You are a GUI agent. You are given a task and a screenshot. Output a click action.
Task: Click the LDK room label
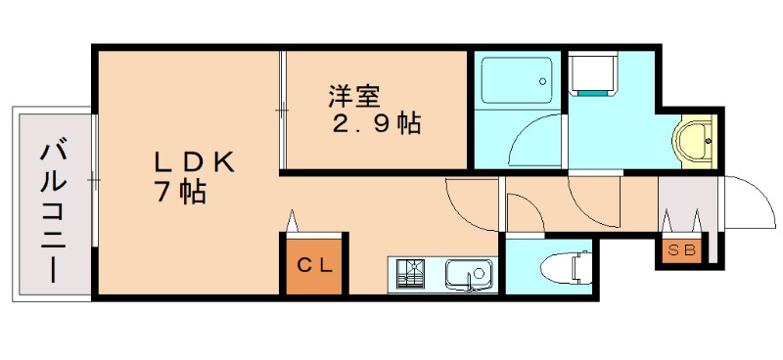(x=194, y=162)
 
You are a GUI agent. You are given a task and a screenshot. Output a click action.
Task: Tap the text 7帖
(x=181, y=193)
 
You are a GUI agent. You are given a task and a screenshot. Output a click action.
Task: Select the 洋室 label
(x=354, y=97)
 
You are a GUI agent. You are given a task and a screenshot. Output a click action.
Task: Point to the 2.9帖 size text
(x=377, y=123)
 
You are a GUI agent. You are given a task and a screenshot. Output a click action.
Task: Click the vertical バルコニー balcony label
(x=54, y=212)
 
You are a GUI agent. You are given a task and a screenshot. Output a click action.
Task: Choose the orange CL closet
(x=314, y=265)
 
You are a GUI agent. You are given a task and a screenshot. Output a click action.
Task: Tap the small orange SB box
(x=681, y=250)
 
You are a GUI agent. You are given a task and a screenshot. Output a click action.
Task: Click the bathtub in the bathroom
(x=517, y=80)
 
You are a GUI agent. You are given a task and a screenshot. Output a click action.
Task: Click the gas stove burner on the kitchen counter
(x=410, y=273)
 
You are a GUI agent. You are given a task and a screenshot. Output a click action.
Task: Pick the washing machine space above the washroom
(x=593, y=73)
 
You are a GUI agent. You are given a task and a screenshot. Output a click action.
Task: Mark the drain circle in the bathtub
(x=542, y=81)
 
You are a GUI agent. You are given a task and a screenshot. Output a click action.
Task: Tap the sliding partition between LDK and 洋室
(x=283, y=110)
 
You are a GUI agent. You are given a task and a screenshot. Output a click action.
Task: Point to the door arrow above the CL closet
(x=292, y=221)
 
